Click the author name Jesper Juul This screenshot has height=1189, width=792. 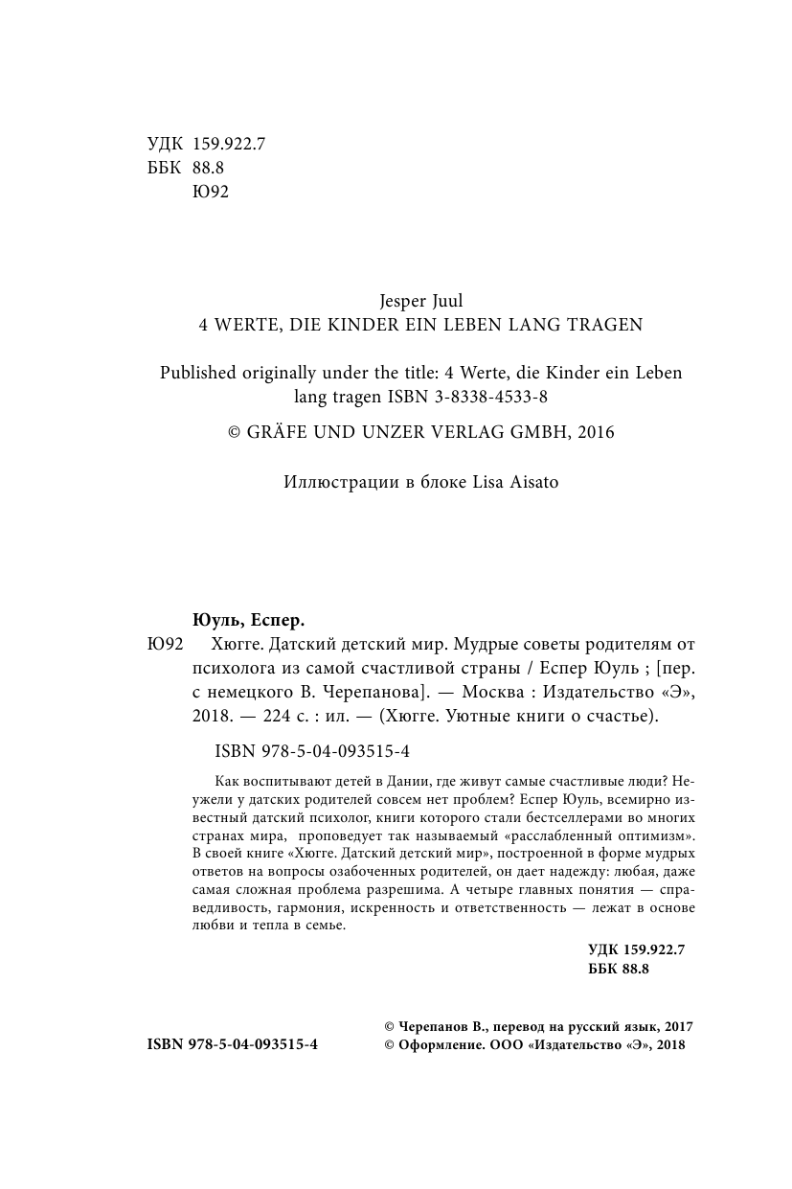[421, 301]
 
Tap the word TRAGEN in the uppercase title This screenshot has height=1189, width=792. [606, 325]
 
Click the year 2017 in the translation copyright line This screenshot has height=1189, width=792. [676, 1026]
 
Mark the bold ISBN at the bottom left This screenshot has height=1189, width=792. [233, 1046]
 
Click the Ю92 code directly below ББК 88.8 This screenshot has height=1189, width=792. [211, 192]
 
